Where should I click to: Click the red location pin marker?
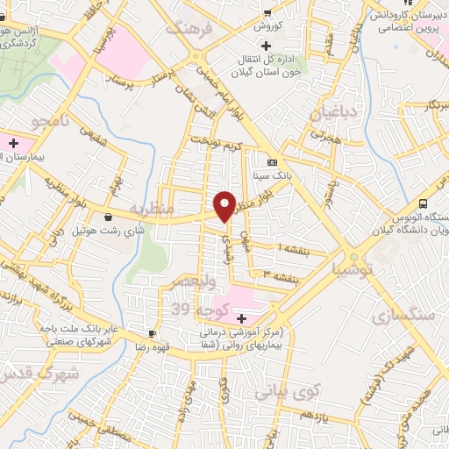pos(225,205)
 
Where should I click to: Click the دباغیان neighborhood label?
pos(331,112)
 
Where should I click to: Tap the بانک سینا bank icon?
pos(272,162)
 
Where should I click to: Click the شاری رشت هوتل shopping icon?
pos(108,217)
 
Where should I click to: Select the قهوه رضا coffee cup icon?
pos(153,334)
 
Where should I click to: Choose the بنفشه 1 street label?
pos(293,248)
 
